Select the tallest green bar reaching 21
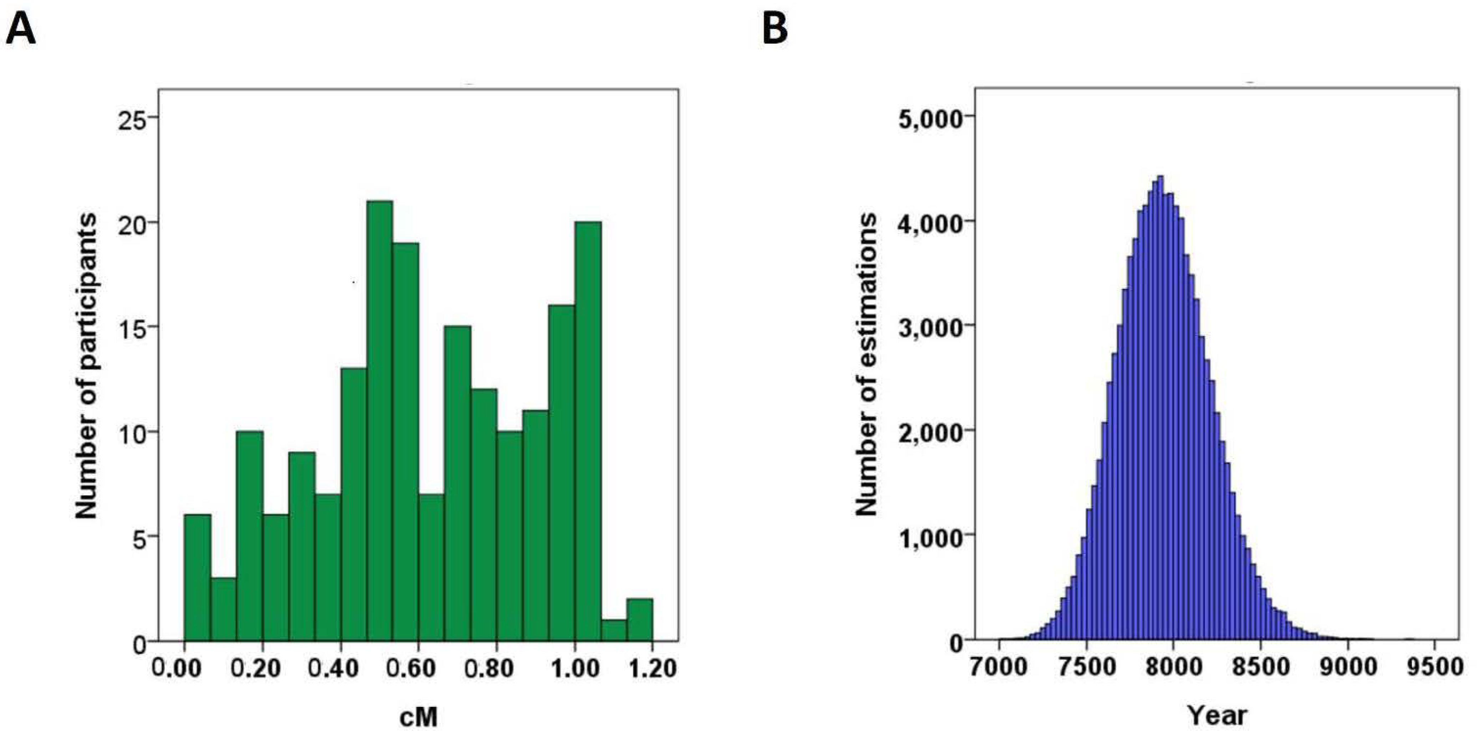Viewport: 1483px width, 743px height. click(x=379, y=421)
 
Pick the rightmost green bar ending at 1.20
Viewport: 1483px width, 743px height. click(x=640, y=619)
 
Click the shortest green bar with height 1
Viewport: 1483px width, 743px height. click(x=614, y=629)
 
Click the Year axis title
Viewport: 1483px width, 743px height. click(x=1217, y=716)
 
